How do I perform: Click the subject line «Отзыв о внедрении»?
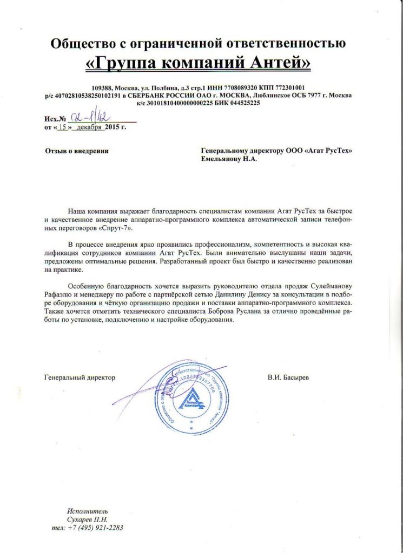[76, 151]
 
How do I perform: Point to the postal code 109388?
[104, 87]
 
